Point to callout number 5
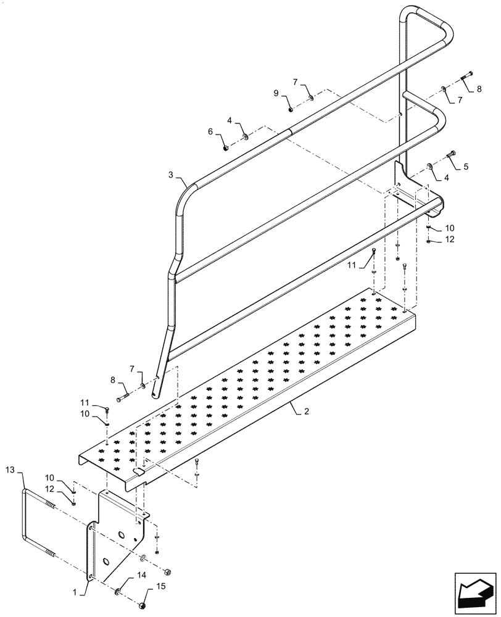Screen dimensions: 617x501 click(465, 166)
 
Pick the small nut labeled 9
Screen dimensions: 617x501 click(290, 110)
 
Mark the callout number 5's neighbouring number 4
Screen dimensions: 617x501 click(445, 177)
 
